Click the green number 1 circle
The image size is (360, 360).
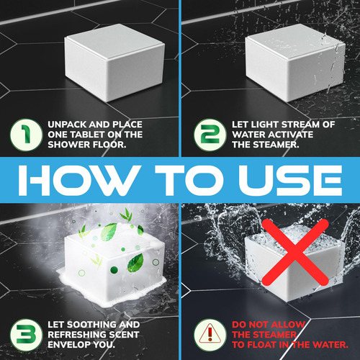point(26,135)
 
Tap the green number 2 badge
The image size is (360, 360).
point(210,135)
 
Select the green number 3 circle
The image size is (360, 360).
point(26,335)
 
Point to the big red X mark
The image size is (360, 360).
point(294,252)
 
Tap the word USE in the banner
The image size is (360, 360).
point(290,180)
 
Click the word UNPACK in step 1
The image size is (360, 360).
point(67,125)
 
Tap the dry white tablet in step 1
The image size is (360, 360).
point(114,63)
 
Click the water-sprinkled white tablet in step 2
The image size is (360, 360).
point(295,63)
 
